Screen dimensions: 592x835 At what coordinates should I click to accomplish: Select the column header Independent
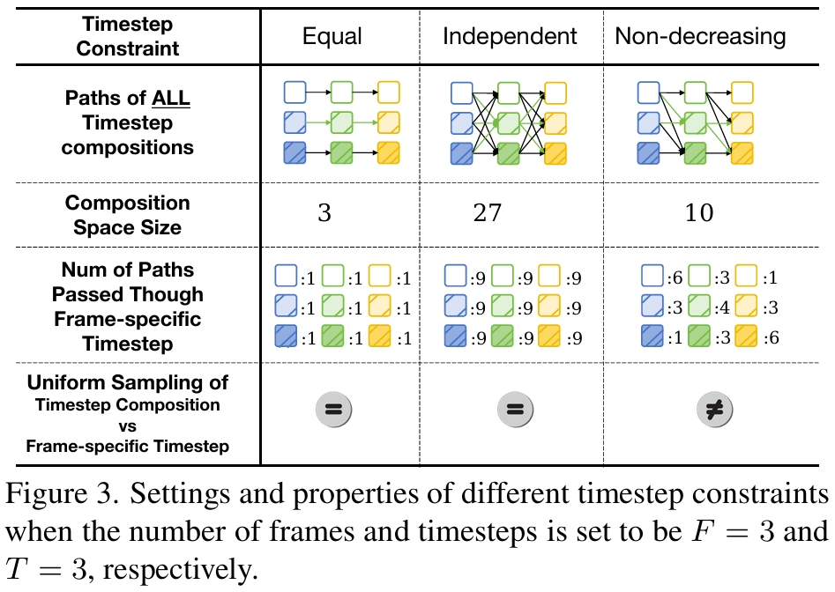(x=510, y=36)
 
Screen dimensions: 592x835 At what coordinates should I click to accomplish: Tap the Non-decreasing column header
(x=700, y=36)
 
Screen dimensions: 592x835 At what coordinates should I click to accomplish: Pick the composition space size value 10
(x=698, y=214)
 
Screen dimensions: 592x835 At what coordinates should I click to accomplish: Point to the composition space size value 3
(x=324, y=214)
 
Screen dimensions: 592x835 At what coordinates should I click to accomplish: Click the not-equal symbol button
(x=712, y=408)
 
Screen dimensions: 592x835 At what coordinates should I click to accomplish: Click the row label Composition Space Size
(x=128, y=215)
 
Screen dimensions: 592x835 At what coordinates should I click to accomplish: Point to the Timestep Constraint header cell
(x=127, y=36)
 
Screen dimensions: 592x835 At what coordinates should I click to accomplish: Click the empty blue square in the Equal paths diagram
(x=294, y=91)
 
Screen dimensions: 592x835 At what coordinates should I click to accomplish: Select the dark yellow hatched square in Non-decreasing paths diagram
(x=742, y=153)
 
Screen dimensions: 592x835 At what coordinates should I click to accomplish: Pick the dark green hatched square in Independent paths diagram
(x=509, y=153)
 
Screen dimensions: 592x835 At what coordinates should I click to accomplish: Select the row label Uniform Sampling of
(x=128, y=383)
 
